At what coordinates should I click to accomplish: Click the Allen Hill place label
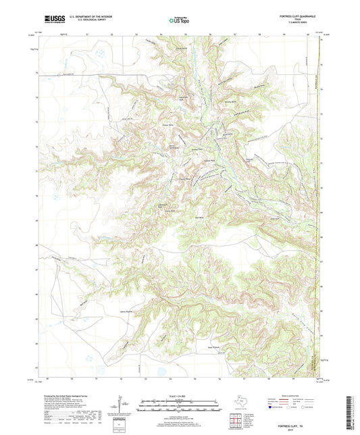click(274, 218)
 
